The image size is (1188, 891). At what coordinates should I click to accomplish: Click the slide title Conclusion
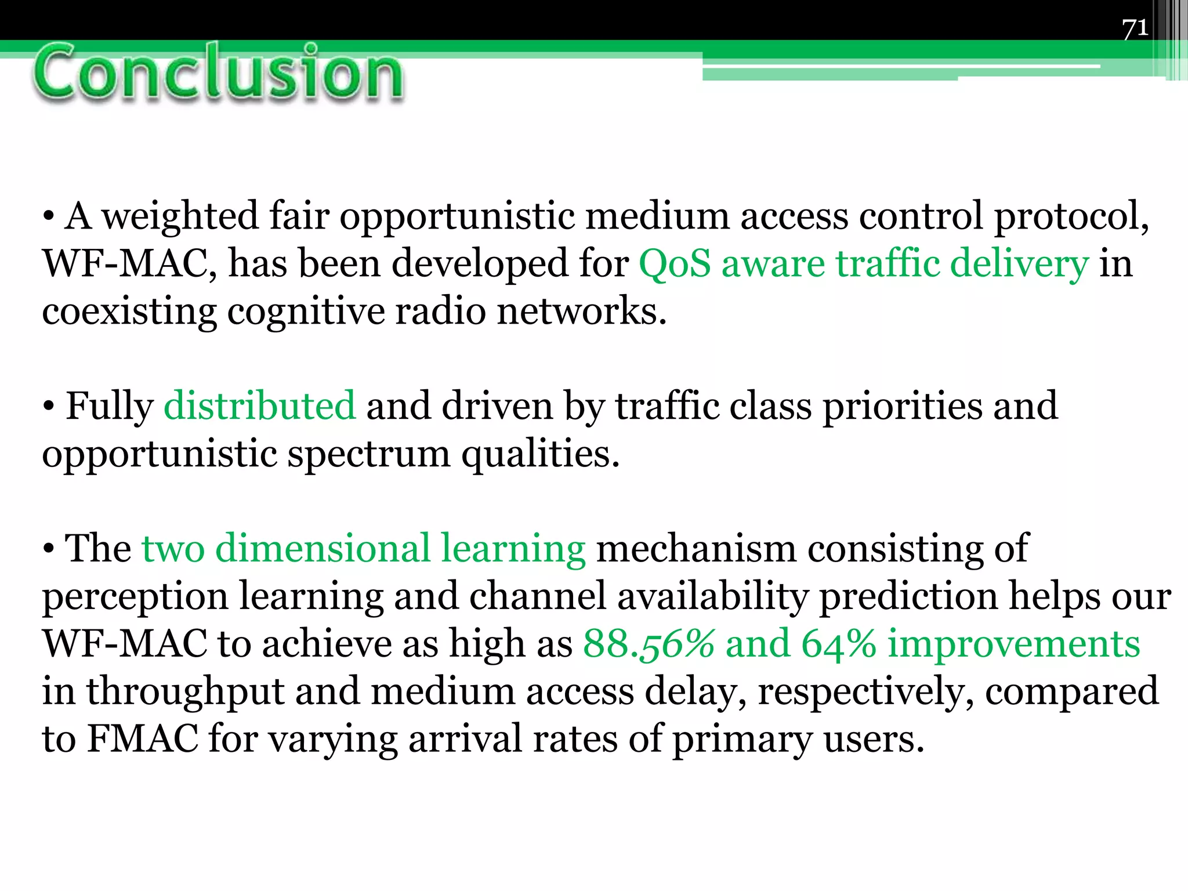click(218, 74)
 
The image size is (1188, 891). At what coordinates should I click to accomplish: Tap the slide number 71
click(1135, 28)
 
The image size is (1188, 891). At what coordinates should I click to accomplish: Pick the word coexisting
click(129, 312)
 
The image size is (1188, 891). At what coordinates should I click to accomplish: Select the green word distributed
click(259, 406)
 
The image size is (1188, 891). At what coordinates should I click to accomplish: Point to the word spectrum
click(369, 455)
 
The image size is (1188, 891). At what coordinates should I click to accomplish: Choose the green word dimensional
click(323, 549)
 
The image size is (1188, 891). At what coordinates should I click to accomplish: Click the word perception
click(135, 597)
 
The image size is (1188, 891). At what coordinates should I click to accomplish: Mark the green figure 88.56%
click(649, 644)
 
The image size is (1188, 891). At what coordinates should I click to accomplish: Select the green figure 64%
click(839, 644)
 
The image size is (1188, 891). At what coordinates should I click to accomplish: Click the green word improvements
click(1014, 644)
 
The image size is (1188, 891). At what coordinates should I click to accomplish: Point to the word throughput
click(186, 693)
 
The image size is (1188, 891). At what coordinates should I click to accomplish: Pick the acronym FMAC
click(142, 739)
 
